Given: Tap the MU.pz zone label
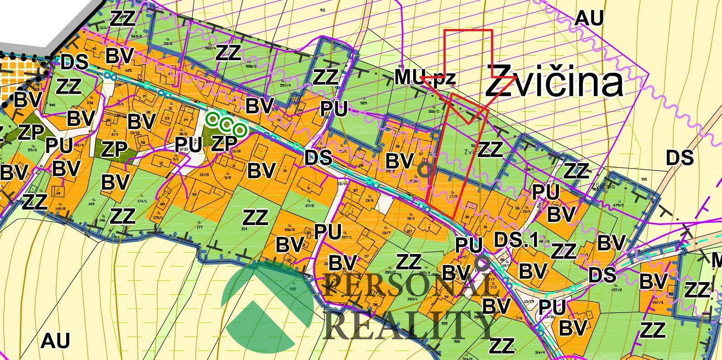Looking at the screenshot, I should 424,77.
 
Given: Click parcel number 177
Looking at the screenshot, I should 199,227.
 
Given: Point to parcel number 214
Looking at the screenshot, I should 245,229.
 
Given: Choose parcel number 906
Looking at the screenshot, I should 456,341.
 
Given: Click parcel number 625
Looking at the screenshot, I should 116,71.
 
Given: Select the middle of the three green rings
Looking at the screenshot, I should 226,125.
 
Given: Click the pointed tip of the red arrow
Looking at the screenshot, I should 468,123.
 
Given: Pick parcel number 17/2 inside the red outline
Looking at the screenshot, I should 452,196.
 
